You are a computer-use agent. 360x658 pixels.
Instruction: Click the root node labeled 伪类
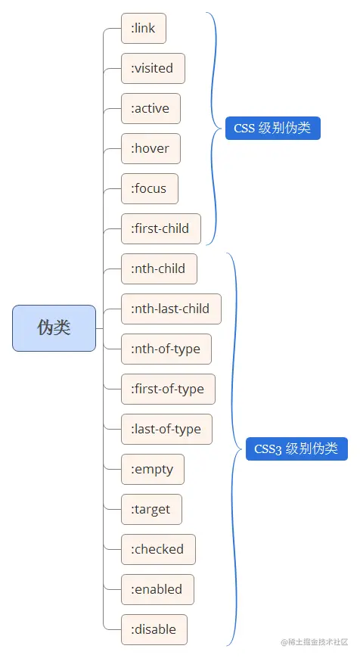pyautogui.click(x=54, y=328)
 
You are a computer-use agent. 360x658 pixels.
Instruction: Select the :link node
pyautogui.click(x=143, y=28)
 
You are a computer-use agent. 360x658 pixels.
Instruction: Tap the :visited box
pyautogui.click(x=153, y=68)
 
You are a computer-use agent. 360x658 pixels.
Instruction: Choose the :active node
pyautogui.click(x=151, y=108)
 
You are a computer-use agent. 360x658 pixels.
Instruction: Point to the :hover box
pyautogui.click(x=151, y=148)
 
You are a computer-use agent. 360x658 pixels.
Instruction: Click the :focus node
pyautogui.click(x=149, y=188)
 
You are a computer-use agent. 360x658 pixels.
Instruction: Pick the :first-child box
pyautogui.click(x=160, y=228)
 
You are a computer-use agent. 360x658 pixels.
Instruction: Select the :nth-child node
pyautogui.click(x=159, y=268)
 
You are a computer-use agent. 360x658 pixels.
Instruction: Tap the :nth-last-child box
pyautogui.click(x=171, y=309)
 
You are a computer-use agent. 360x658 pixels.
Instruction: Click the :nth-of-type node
pyautogui.click(x=166, y=349)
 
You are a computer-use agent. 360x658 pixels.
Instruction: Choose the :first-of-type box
pyautogui.click(x=168, y=389)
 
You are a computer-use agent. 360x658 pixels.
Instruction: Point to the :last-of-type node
pyautogui.click(x=166, y=429)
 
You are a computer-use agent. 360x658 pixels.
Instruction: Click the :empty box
pyautogui.click(x=152, y=469)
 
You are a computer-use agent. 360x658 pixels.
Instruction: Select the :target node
pyautogui.click(x=151, y=509)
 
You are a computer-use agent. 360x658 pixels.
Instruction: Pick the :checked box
pyautogui.click(x=158, y=549)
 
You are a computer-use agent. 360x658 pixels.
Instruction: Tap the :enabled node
pyautogui.click(x=157, y=589)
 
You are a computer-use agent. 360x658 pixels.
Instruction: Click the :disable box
pyautogui.click(x=154, y=629)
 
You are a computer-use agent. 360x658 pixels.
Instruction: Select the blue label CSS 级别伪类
pyautogui.click(x=272, y=128)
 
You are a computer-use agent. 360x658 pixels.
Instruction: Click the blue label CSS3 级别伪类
pyautogui.click(x=296, y=448)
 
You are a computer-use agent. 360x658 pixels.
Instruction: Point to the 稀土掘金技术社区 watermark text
pyautogui.click(x=314, y=642)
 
